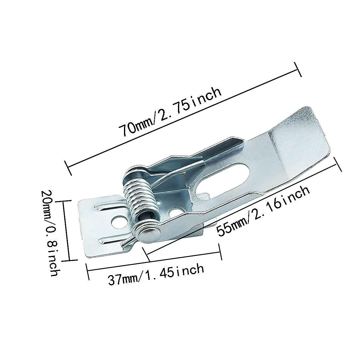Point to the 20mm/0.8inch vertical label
click(x=50, y=234)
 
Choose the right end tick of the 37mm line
click(x=220, y=252)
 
